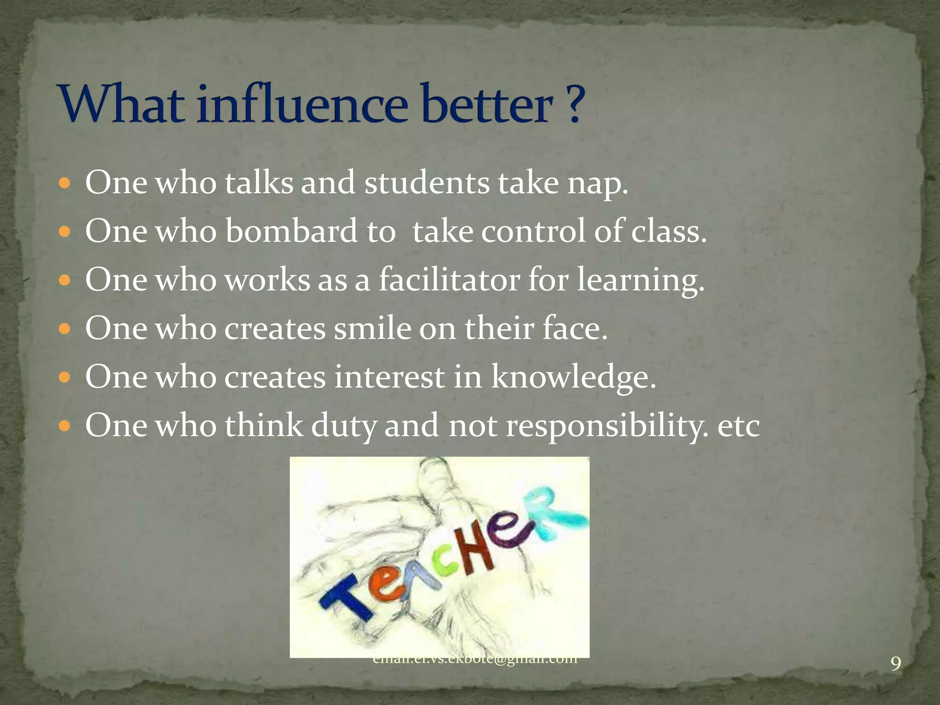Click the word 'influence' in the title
click(303, 105)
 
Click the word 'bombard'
click(291, 231)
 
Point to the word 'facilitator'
click(449, 280)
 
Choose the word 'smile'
click(372, 329)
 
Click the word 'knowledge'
click(573, 377)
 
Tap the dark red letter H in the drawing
click(475, 551)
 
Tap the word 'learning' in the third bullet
click(640, 280)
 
